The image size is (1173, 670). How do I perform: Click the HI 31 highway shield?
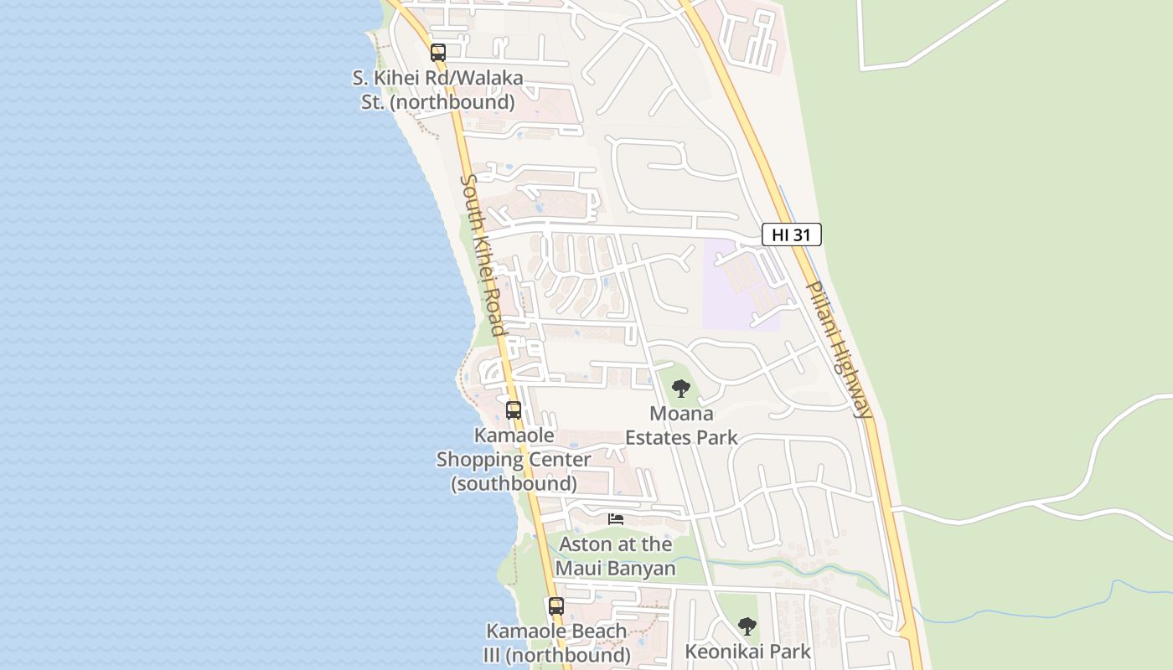(x=791, y=234)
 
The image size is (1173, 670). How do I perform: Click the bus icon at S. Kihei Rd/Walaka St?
(x=437, y=53)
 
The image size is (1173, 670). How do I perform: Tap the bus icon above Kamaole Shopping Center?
(x=514, y=410)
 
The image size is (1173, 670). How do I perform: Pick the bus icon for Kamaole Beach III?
(x=556, y=606)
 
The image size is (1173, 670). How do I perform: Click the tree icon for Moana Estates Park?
(x=681, y=388)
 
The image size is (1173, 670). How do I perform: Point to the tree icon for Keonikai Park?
(x=747, y=626)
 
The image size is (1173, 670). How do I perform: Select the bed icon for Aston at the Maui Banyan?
(x=616, y=519)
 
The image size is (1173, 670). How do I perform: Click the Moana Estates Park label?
(x=681, y=425)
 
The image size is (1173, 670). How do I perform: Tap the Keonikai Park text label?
(x=747, y=652)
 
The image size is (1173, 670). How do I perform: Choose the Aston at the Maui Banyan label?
(x=615, y=556)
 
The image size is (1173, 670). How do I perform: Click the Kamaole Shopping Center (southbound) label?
(x=514, y=459)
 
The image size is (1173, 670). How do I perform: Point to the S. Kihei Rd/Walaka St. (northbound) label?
(x=437, y=90)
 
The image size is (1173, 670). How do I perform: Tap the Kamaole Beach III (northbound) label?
(x=556, y=642)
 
